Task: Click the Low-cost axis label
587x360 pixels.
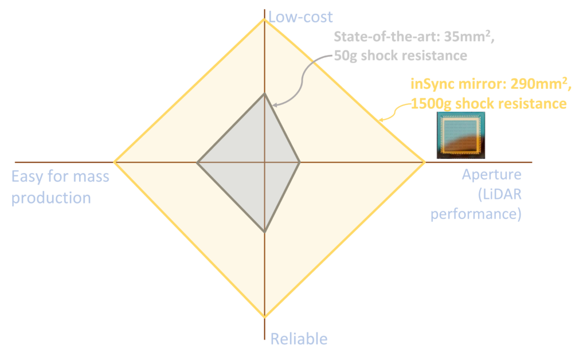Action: click(300, 17)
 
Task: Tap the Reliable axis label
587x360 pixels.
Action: click(299, 339)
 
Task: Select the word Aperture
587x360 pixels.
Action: click(491, 175)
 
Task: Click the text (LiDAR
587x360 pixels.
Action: click(500, 194)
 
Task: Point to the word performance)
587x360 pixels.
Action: click(476, 214)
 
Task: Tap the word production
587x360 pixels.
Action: click(51, 198)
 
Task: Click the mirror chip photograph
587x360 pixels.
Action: click(461, 135)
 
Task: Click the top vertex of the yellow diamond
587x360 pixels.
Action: click(264, 19)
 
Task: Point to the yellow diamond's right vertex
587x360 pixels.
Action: click(425, 162)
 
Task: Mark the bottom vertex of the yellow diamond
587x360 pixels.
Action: click(265, 318)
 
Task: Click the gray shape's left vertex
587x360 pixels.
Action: click(198, 162)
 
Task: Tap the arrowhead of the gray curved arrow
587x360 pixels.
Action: click(275, 105)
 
